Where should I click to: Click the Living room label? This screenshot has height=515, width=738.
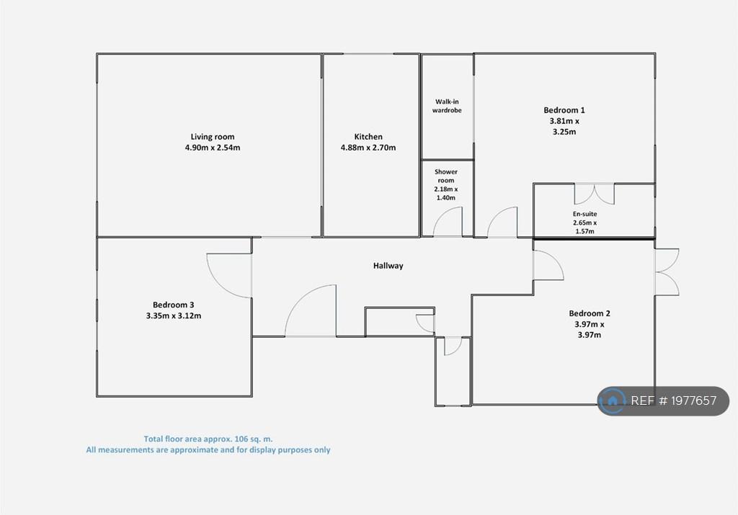pos(213,137)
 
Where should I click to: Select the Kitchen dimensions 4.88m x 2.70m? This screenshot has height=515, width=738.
pos(368,148)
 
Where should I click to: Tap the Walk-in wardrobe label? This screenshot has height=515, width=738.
pos(447,106)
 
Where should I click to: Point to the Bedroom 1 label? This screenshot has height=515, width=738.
pos(564,110)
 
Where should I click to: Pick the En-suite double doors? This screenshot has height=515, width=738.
pos(595,194)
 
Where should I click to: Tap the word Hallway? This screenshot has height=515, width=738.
pos(388,266)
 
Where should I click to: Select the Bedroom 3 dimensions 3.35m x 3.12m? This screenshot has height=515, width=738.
pos(173,316)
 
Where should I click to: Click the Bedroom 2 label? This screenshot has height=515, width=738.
pos(590,313)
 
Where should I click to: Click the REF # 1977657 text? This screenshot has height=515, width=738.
pos(674,400)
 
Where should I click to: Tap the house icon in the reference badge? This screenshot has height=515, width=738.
pos(613,400)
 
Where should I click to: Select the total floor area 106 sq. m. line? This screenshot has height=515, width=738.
pos(208,439)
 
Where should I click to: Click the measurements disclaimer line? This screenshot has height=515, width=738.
pos(208,450)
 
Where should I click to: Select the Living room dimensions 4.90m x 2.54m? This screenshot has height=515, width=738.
pos(213,148)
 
